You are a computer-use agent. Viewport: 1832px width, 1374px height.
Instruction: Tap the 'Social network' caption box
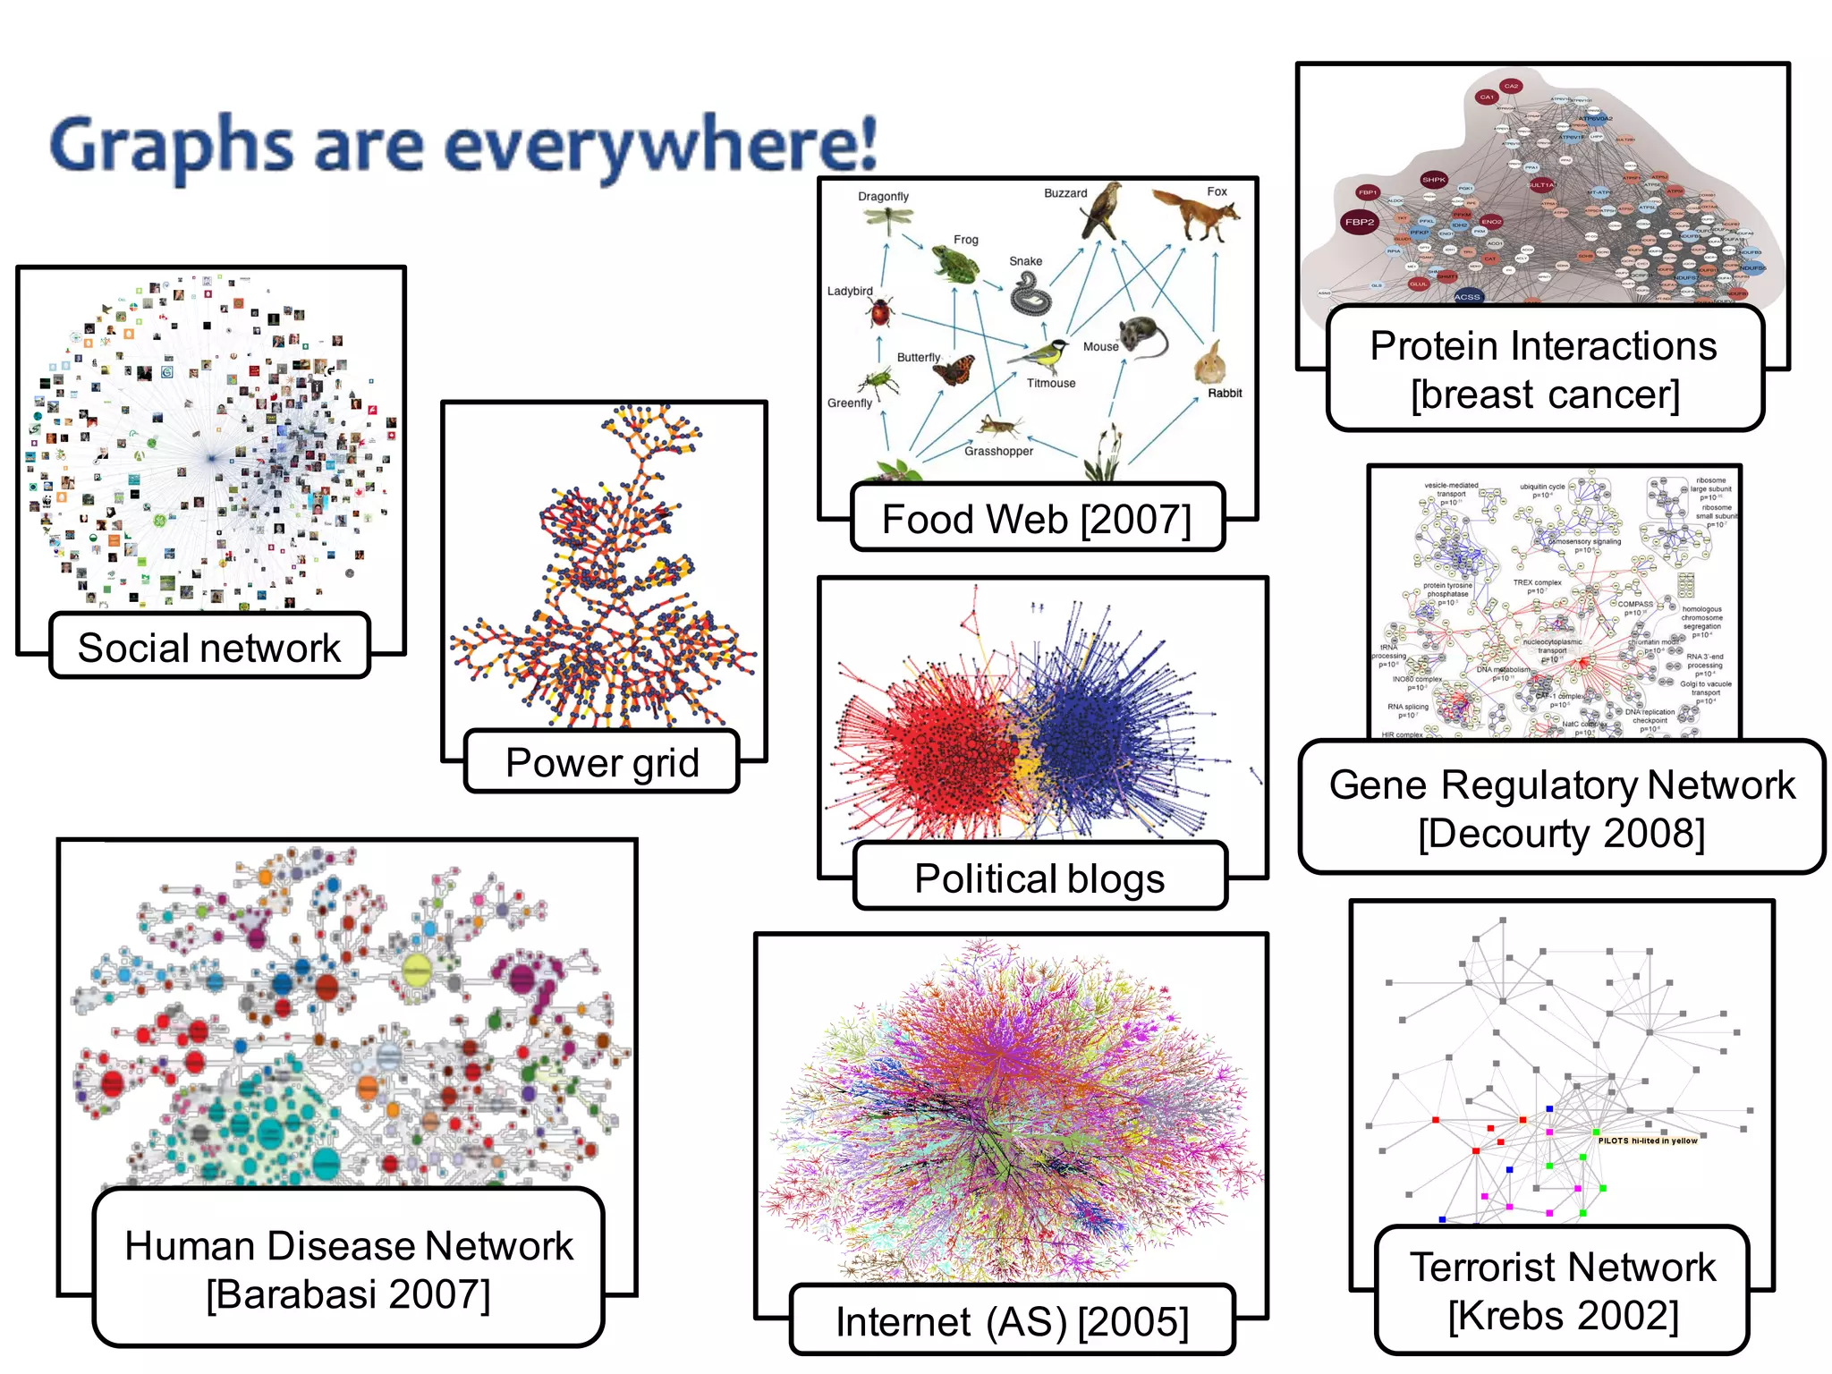pyautogui.click(x=209, y=647)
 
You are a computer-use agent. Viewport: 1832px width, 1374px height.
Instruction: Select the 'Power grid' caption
pyautogui.click(x=602, y=763)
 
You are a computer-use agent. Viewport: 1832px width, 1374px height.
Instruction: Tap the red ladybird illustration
pyautogui.click(x=880, y=313)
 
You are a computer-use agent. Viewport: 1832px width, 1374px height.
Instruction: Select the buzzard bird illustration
pyautogui.click(x=1101, y=211)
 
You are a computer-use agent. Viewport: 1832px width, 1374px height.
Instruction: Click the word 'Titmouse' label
pyautogui.click(x=1051, y=384)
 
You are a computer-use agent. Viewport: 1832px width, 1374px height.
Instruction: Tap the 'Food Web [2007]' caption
pyautogui.click(x=1037, y=519)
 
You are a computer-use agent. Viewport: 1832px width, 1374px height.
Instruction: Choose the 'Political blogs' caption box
pyautogui.click(x=1039, y=878)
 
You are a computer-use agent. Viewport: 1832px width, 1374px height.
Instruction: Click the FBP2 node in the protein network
pyautogui.click(x=1359, y=222)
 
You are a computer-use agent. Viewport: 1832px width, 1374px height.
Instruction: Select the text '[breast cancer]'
pyautogui.click(x=1545, y=394)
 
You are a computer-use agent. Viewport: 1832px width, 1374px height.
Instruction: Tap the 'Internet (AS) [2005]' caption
pyautogui.click(x=1012, y=1321)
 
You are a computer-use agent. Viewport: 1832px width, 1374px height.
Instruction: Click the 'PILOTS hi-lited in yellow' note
pyautogui.click(x=1647, y=1141)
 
